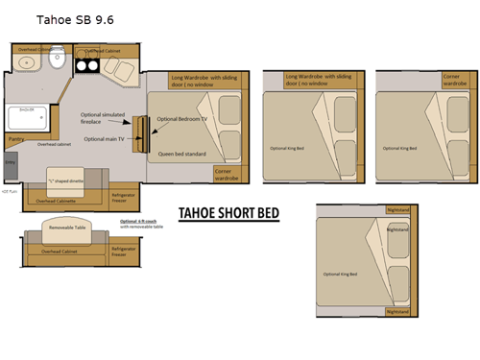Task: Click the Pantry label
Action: [x=16, y=139]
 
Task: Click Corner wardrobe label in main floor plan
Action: [x=227, y=174]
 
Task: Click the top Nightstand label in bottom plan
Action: [x=396, y=210]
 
